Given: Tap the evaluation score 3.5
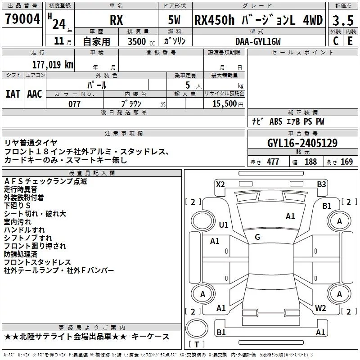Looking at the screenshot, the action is point(342,21).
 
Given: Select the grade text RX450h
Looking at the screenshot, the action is point(212,20).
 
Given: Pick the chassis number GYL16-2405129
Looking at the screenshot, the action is point(302,143).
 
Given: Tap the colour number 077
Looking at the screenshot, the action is point(74,104).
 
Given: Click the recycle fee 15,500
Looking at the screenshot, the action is point(224,104).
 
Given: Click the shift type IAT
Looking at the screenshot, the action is point(13,94).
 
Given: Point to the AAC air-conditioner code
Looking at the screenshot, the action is point(34,94).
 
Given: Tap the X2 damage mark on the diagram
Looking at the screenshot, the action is point(220,184).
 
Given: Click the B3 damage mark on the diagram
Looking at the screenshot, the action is point(321,184).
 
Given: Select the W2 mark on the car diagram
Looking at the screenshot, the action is point(320,308).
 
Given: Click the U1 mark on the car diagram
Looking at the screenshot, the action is point(224,225).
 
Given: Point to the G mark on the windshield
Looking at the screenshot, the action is point(257,237).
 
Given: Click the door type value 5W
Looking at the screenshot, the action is point(175,20).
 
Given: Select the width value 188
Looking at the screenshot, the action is point(310,162).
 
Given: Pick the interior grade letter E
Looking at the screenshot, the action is point(350,41).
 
